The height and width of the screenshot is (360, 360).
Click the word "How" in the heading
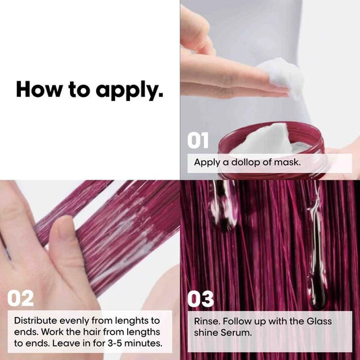[38, 89]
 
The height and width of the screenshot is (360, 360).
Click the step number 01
[198, 140]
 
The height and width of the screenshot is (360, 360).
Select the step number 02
[20, 298]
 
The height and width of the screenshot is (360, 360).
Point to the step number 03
[201, 299]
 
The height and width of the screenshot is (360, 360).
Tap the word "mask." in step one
[287, 162]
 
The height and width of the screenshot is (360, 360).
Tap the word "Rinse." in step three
[207, 321]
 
